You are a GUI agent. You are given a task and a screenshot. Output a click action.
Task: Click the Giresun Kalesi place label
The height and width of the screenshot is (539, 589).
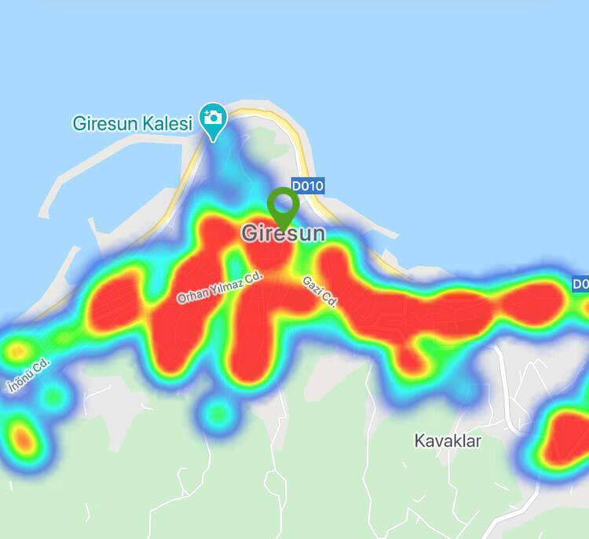[x=132, y=123]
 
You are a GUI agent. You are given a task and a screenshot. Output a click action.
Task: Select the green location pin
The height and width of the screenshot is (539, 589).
[x=282, y=206]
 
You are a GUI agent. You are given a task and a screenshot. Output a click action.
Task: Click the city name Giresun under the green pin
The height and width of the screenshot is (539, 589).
[x=283, y=234]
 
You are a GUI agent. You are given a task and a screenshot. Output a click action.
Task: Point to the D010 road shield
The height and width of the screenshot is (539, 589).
[x=308, y=186]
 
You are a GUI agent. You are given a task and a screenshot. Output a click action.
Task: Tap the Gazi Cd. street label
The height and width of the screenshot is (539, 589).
[x=320, y=291]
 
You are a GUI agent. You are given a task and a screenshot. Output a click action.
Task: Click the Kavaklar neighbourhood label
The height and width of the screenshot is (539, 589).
[x=448, y=441]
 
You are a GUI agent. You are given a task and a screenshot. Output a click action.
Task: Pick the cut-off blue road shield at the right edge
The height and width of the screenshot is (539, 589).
[x=580, y=284]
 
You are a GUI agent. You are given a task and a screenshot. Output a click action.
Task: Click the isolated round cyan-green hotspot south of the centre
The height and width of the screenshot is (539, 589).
[x=218, y=411]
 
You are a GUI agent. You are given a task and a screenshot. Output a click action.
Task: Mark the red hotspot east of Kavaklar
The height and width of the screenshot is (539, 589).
[x=567, y=435]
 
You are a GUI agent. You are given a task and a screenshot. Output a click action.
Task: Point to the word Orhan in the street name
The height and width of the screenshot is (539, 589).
[x=192, y=296]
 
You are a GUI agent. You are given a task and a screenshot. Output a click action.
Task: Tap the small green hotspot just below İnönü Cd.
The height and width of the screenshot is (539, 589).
[x=53, y=396]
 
